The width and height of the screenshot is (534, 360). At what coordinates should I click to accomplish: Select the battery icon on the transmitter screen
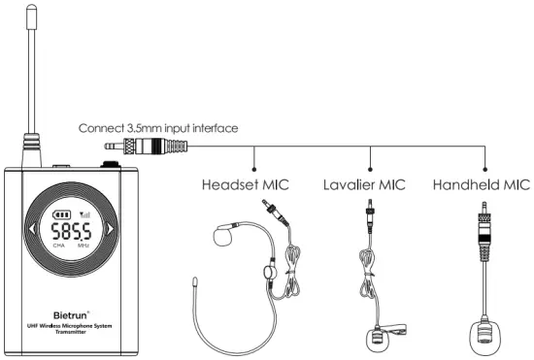(x=63, y=215)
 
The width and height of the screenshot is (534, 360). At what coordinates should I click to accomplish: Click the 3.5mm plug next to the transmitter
(x=146, y=147)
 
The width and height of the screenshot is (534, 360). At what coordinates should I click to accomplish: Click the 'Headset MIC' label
(x=245, y=183)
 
